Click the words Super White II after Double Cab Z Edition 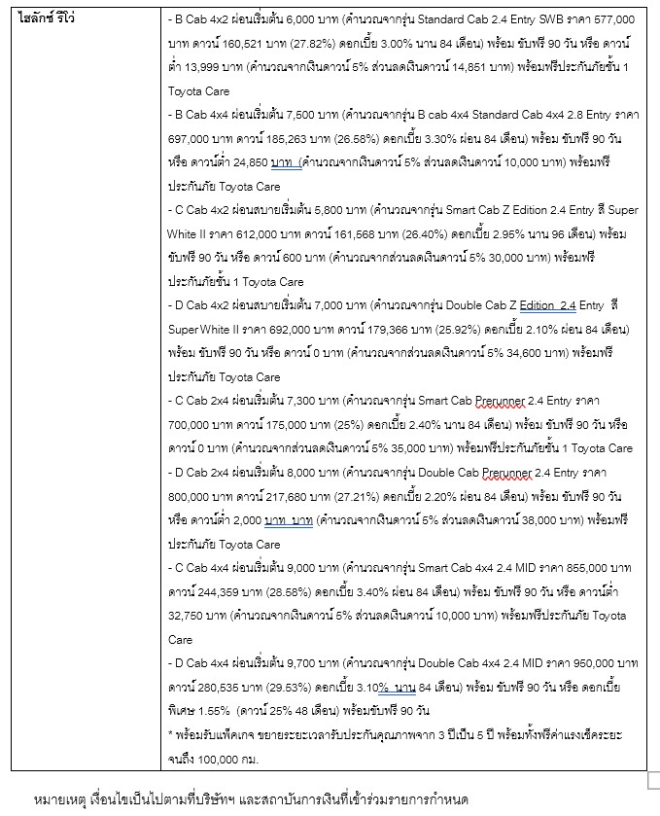pyautogui.click(x=200, y=329)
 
